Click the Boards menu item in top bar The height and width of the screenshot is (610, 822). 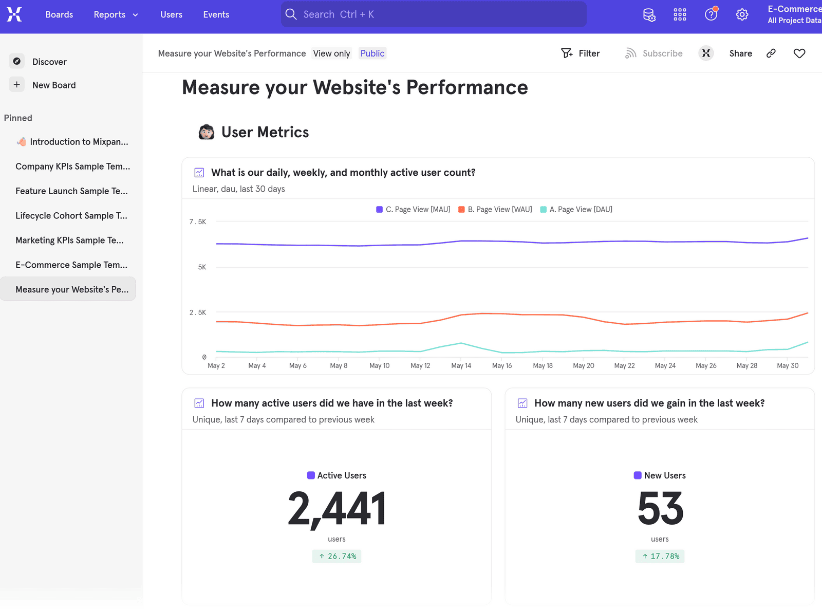[59, 14]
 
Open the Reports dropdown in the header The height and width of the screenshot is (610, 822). [116, 14]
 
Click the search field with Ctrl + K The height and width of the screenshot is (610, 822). [433, 14]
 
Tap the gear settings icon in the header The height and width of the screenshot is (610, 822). [741, 14]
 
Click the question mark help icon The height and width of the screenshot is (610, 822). [711, 14]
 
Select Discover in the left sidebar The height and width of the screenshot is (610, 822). [49, 62]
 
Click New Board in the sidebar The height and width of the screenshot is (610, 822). [53, 85]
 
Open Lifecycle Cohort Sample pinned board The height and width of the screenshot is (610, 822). [71, 216]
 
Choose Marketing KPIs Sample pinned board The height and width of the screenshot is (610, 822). [69, 241]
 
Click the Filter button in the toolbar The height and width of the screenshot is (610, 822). [581, 53]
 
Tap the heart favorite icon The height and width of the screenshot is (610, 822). [799, 53]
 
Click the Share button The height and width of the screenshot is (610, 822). [740, 53]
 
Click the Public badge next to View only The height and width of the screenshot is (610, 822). [372, 53]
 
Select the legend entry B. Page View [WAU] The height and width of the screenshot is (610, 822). [495, 210]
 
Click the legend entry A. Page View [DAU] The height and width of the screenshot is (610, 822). [576, 210]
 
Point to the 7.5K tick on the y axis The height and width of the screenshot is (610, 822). [198, 222]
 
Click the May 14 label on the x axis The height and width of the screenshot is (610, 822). [461, 366]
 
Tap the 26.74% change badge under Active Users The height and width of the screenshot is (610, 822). [337, 556]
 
